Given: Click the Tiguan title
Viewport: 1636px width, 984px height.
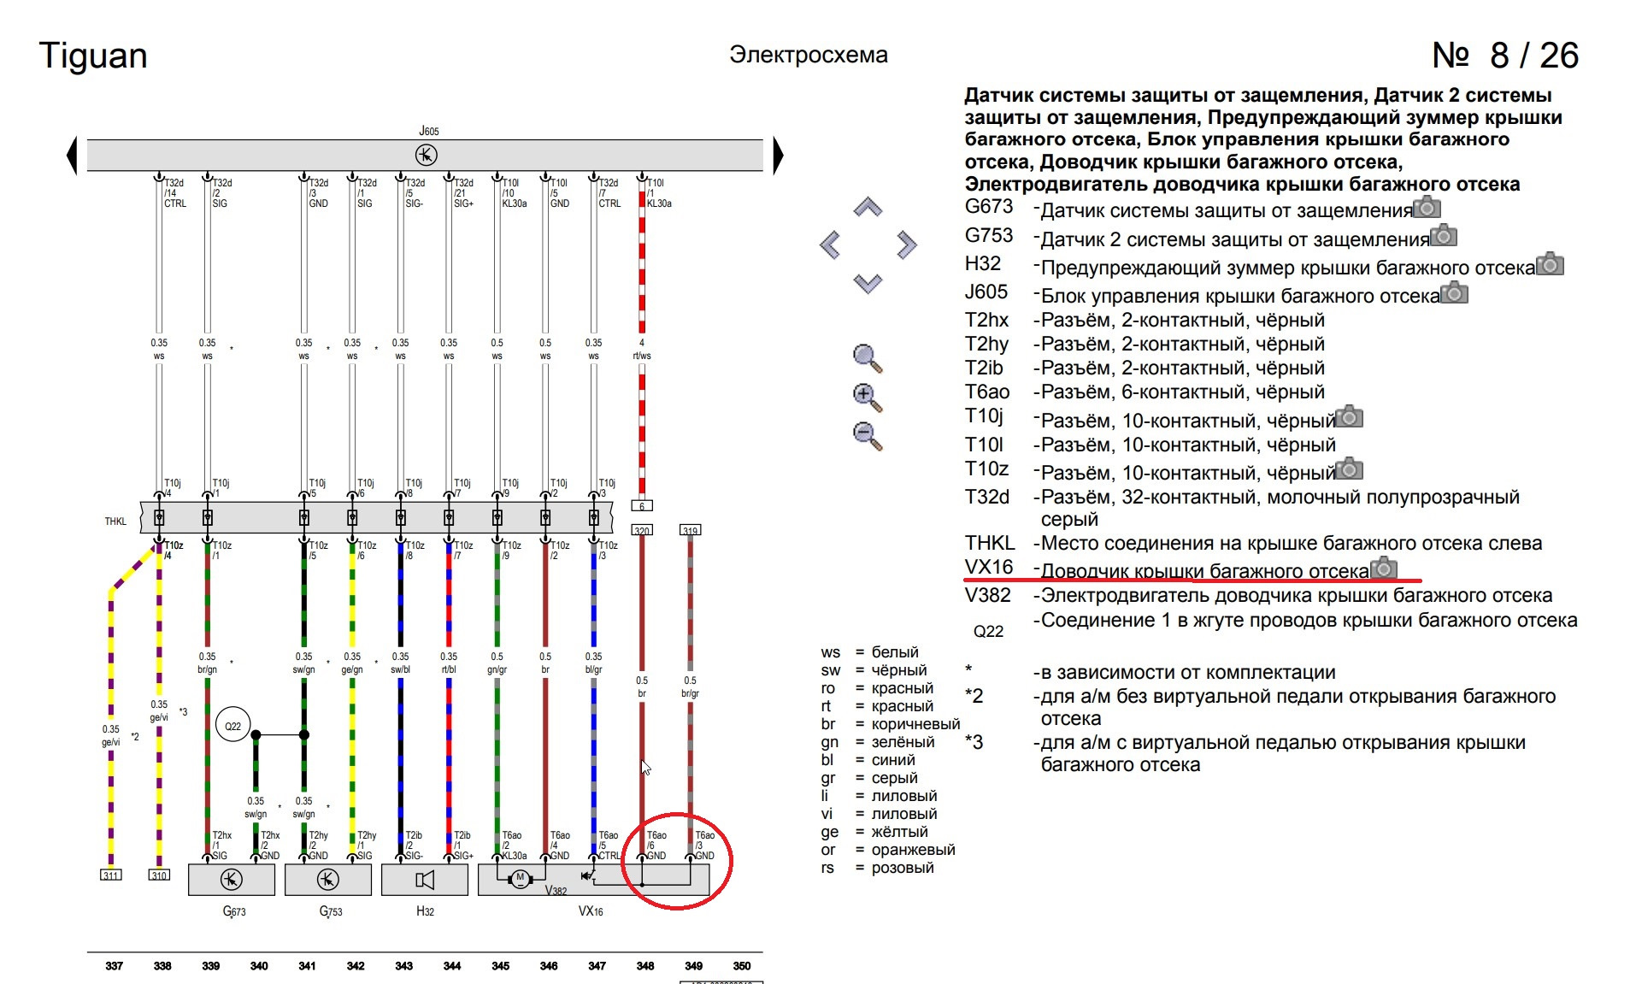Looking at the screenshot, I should point(93,56).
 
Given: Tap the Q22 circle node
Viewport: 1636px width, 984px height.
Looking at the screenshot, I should point(232,726).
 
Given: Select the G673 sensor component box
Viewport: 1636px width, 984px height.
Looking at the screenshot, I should point(231,879).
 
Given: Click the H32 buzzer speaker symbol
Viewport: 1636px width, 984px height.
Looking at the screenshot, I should point(425,879).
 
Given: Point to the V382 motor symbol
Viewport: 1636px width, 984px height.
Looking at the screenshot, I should point(520,878).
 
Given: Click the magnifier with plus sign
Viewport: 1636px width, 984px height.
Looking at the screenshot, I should point(867,397).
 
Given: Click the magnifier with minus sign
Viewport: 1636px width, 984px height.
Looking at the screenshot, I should point(867,435).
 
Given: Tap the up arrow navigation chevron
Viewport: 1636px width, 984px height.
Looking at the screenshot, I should point(868,207).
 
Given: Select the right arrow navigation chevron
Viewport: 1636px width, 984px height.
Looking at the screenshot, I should point(906,245).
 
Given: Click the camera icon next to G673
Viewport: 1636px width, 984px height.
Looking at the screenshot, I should point(1427,208).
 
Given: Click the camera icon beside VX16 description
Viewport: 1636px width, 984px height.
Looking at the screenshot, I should point(1384,569).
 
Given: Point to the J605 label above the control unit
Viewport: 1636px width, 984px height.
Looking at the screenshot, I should point(429,131).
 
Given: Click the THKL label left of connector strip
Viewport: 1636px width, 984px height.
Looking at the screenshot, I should point(115,521).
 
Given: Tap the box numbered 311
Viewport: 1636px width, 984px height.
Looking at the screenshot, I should point(111,875).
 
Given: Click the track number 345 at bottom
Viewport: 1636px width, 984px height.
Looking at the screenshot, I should point(500,966).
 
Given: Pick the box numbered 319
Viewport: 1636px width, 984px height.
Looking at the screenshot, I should point(690,530).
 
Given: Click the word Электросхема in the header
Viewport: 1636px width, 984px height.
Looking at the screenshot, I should point(808,55).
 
